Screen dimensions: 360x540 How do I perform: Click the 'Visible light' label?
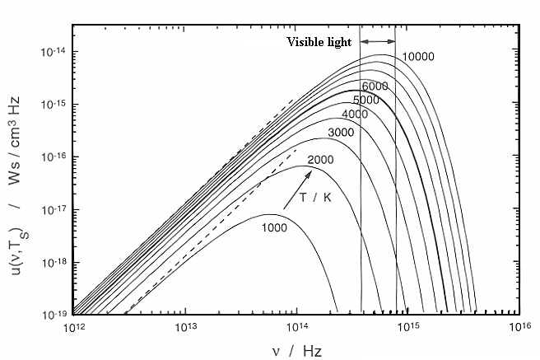pos(319,42)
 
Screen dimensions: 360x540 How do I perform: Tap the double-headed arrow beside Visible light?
pos(378,42)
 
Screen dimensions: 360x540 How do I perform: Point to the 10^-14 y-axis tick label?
pos(54,52)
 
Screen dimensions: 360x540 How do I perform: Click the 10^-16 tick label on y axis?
pos(54,157)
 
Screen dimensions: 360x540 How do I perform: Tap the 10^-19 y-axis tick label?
pos(54,315)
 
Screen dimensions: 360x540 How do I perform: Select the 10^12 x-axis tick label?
pos(72,329)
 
